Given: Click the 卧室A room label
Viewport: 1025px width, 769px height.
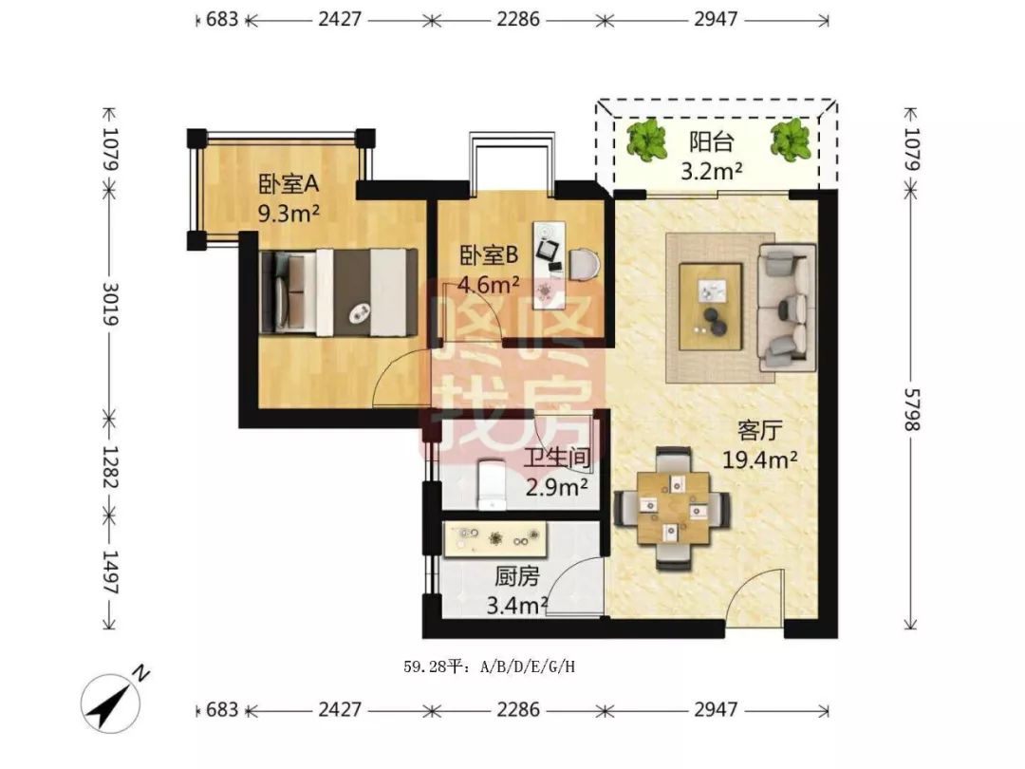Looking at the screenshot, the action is pyautogui.click(x=289, y=184).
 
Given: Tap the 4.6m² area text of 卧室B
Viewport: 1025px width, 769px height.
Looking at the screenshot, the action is pyautogui.click(x=489, y=285).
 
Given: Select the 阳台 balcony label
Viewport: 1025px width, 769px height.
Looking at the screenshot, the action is pyautogui.click(x=712, y=141).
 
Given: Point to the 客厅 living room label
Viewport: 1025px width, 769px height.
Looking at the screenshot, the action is pyautogui.click(x=759, y=431).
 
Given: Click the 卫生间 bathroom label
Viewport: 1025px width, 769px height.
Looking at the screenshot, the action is pyautogui.click(x=557, y=457).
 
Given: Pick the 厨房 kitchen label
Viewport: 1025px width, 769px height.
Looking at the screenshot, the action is pyautogui.click(x=516, y=576).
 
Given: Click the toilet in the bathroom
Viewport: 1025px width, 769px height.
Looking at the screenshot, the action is pyautogui.click(x=492, y=484).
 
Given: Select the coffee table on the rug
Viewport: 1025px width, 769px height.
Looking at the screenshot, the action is pyautogui.click(x=710, y=307).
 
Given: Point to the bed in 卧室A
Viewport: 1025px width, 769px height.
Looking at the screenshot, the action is pyautogui.click(x=339, y=292).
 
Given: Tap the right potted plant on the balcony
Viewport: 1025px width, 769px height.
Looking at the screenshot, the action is pyautogui.click(x=791, y=140).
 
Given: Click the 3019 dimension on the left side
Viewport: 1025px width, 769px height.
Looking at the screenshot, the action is pyautogui.click(x=110, y=304).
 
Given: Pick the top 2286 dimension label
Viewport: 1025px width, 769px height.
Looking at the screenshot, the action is pyautogui.click(x=518, y=19).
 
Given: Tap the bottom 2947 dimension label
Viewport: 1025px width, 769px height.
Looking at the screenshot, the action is pyautogui.click(x=716, y=709).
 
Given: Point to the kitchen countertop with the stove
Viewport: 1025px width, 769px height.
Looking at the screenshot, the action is pyautogui.click(x=494, y=539).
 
